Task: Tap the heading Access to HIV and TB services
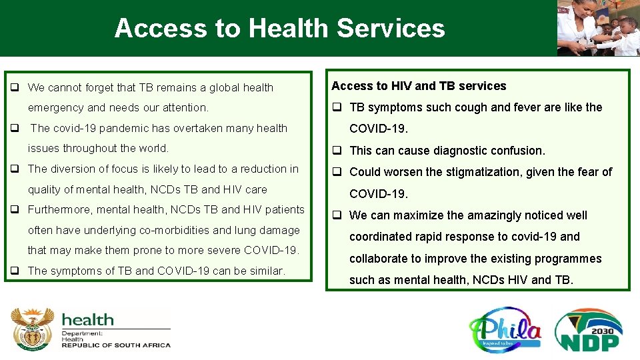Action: (419, 86)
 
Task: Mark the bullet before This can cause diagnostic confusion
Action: (337, 151)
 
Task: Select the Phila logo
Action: (505, 329)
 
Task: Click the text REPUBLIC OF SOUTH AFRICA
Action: (116, 345)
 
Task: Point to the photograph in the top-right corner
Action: (598, 28)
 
